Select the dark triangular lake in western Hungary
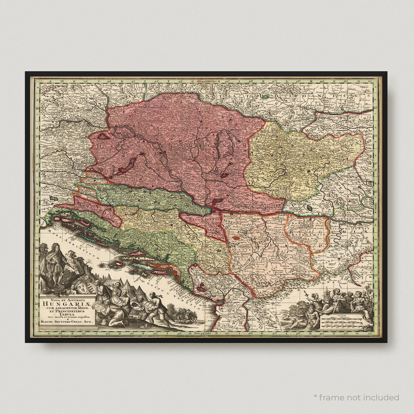(104, 136)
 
